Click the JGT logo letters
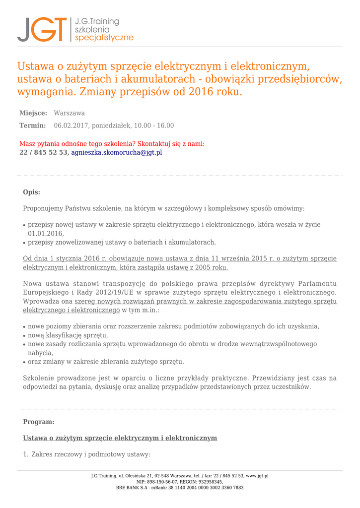click(x=42, y=29)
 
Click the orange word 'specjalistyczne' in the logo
click(x=104, y=38)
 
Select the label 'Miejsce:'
click(x=33, y=113)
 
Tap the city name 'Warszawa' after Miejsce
click(x=70, y=113)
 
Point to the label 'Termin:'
click(x=32, y=126)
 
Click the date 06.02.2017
click(x=71, y=126)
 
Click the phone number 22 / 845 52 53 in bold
click(x=43, y=152)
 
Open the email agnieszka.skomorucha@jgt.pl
click(x=117, y=152)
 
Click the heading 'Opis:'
click(x=32, y=192)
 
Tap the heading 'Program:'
click(x=39, y=422)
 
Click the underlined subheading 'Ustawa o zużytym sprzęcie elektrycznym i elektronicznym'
click(x=120, y=438)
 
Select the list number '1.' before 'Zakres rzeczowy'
click(x=26, y=454)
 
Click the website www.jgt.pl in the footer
click(x=257, y=476)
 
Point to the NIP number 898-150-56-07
click(x=165, y=482)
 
